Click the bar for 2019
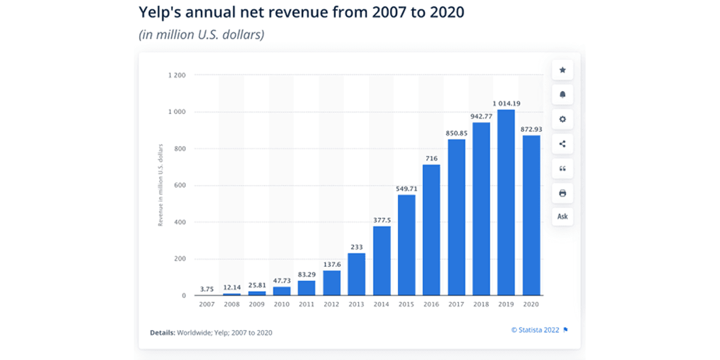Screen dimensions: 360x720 click(505, 203)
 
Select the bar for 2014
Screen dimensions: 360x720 click(382, 261)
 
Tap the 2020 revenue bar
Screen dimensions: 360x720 click(530, 215)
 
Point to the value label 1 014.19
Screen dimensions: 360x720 click(505, 104)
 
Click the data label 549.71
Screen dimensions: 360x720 click(406, 189)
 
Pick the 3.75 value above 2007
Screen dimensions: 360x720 click(206, 289)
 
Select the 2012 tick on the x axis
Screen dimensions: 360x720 click(331, 304)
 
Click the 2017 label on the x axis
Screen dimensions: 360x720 click(456, 304)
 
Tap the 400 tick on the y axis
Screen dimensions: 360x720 click(181, 223)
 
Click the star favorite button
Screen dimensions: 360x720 click(562, 70)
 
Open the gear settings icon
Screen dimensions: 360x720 click(562, 119)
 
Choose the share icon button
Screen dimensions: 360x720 click(562, 144)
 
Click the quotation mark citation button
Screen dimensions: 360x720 click(562, 169)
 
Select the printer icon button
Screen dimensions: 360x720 click(562, 193)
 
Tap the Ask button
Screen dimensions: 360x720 click(562, 217)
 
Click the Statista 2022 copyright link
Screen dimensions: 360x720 click(535, 329)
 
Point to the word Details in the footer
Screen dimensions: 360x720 click(162, 332)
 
